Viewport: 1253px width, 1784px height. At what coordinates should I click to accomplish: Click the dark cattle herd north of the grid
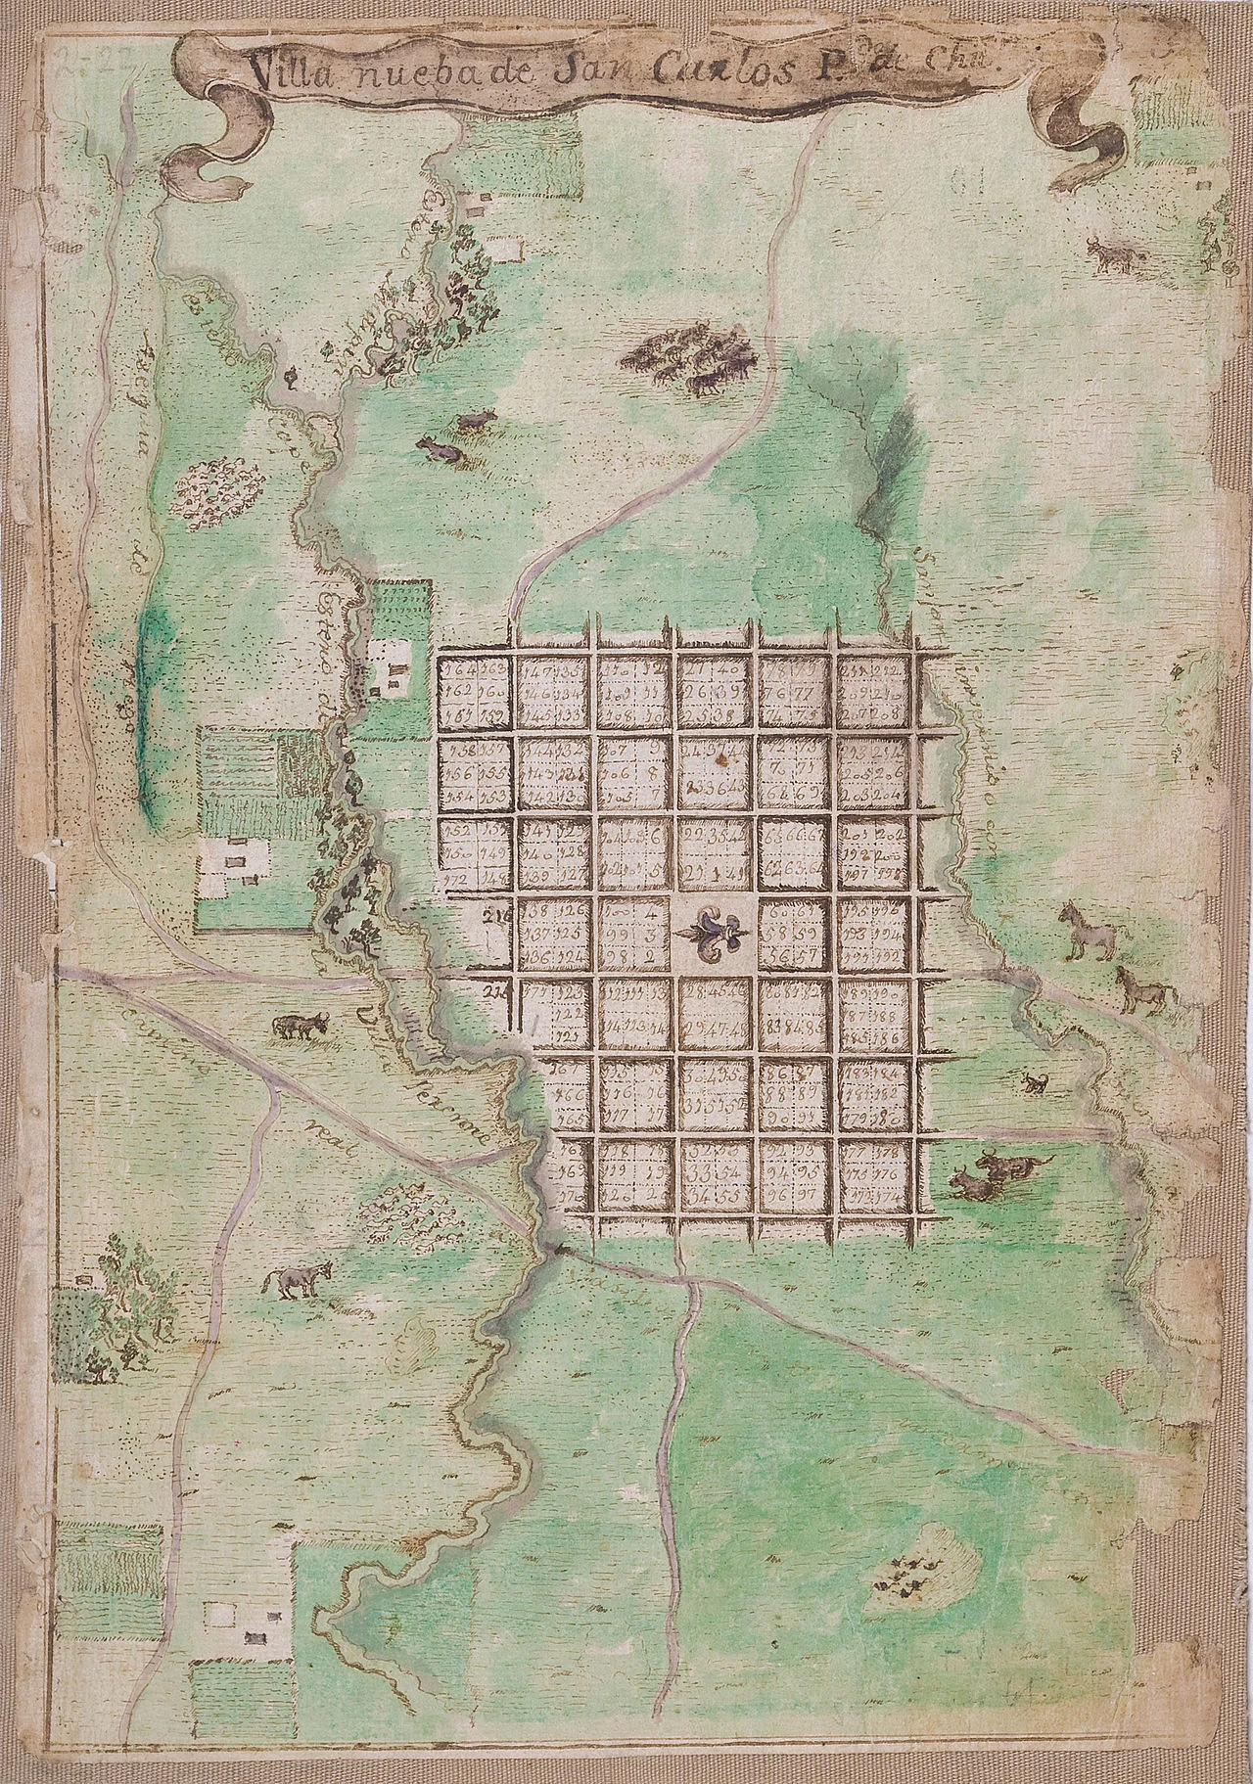click(690, 363)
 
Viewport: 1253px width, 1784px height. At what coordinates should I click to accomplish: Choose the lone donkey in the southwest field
click(299, 1280)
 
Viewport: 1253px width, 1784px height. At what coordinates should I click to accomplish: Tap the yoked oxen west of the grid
click(299, 1026)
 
